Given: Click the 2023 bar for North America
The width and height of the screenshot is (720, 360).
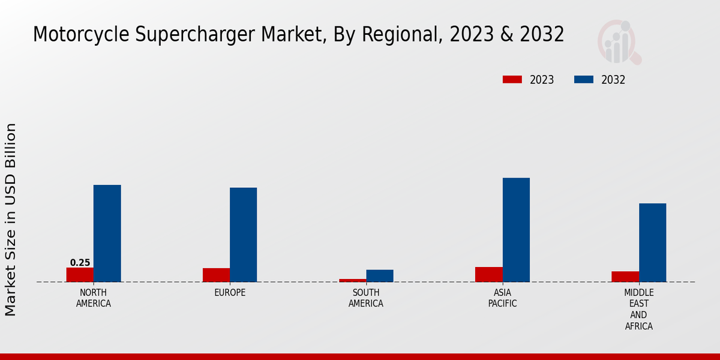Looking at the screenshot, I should pyautogui.click(x=80, y=275).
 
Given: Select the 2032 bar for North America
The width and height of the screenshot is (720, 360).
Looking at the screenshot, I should pyautogui.click(x=107, y=233).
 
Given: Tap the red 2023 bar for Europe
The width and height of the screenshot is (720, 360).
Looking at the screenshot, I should pyautogui.click(x=216, y=275).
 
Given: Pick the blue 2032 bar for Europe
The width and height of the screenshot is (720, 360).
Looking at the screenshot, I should pyautogui.click(x=243, y=235).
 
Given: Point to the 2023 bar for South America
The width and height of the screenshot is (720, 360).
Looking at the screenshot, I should pyautogui.click(x=352, y=280).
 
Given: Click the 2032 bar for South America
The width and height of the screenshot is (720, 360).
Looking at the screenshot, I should pyautogui.click(x=380, y=276).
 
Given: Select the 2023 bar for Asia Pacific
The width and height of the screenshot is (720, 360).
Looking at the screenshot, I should pyautogui.click(x=488, y=274).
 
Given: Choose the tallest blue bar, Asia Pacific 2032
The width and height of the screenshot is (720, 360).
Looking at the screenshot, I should pyautogui.click(x=516, y=230).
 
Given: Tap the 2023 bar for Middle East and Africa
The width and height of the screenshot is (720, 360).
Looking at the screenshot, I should pyautogui.click(x=625, y=277).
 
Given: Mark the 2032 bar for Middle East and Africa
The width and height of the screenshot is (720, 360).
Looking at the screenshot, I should pyautogui.click(x=652, y=242).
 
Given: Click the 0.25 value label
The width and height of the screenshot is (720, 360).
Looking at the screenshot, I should pyautogui.click(x=80, y=263).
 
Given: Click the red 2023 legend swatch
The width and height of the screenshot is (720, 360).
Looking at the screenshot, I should pyautogui.click(x=512, y=80).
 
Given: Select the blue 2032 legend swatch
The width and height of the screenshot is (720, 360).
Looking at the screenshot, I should pyautogui.click(x=584, y=80).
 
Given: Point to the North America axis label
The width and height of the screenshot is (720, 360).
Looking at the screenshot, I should pyautogui.click(x=94, y=298).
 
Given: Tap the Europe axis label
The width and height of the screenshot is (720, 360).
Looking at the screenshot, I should pyautogui.click(x=230, y=293).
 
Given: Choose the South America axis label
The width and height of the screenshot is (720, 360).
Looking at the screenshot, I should pyautogui.click(x=366, y=298).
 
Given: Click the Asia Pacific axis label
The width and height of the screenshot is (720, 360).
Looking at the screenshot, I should pyautogui.click(x=502, y=298).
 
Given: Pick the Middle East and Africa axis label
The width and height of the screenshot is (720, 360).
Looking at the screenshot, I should pyautogui.click(x=638, y=310).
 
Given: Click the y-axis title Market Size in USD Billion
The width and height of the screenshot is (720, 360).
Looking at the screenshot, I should pyautogui.click(x=11, y=219).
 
